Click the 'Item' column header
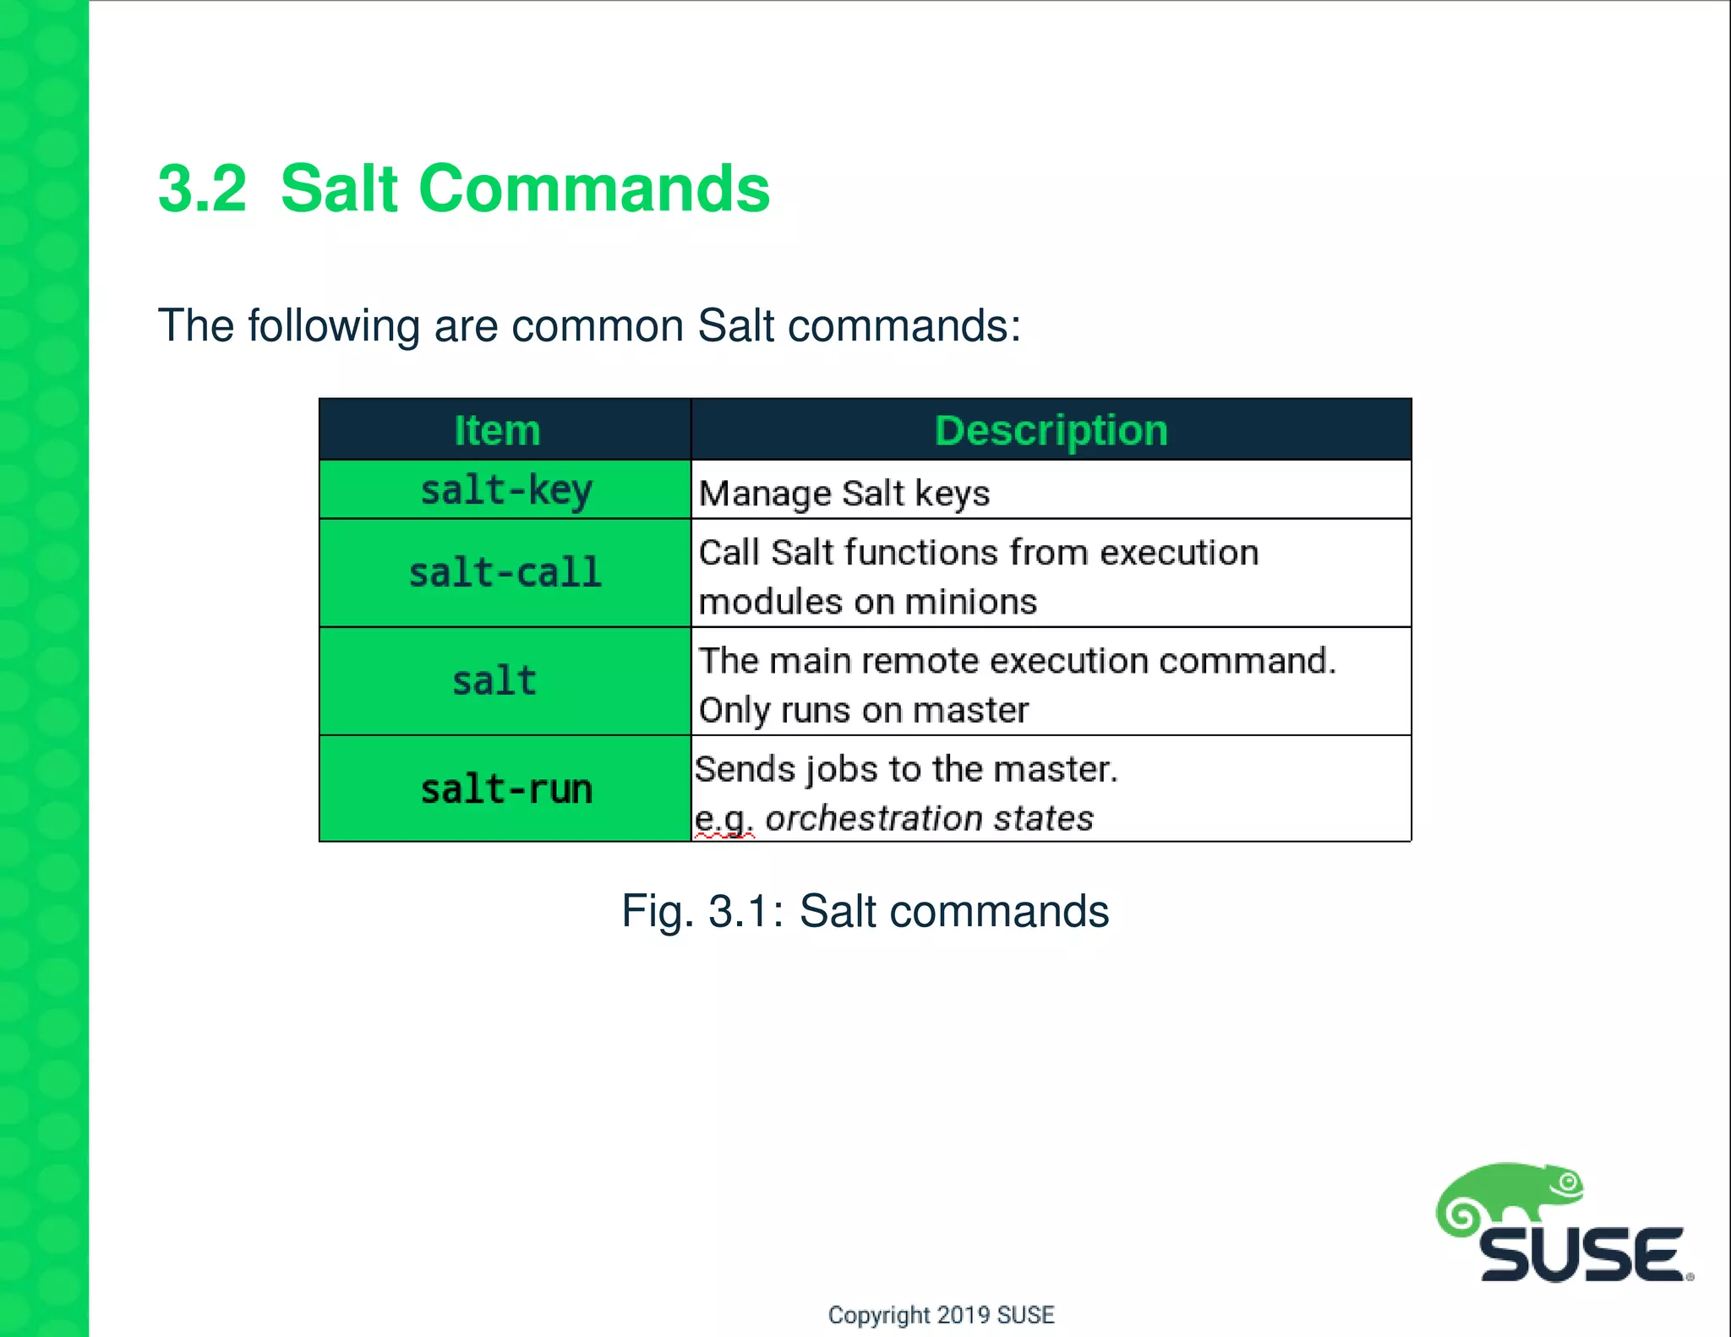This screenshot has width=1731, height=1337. [x=497, y=430]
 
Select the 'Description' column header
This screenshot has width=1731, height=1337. [x=1051, y=430]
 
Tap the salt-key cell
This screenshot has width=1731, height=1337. [x=505, y=490]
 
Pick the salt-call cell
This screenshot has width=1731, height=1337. [x=505, y=573]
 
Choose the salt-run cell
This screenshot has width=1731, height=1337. [x=505, y=789]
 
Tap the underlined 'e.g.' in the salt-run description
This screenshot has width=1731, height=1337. [x=723, y=818]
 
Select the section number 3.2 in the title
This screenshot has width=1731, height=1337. [x=202, y=188]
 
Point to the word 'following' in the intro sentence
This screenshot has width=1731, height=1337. [x=334, y=325]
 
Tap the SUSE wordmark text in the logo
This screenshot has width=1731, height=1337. [x=1581, y=1256]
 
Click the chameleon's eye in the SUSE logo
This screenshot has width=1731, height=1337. [x=1569, y=1181]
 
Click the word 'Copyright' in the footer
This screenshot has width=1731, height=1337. [x=878, y=1315]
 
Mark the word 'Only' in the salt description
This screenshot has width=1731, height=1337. [x=733, y=711]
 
